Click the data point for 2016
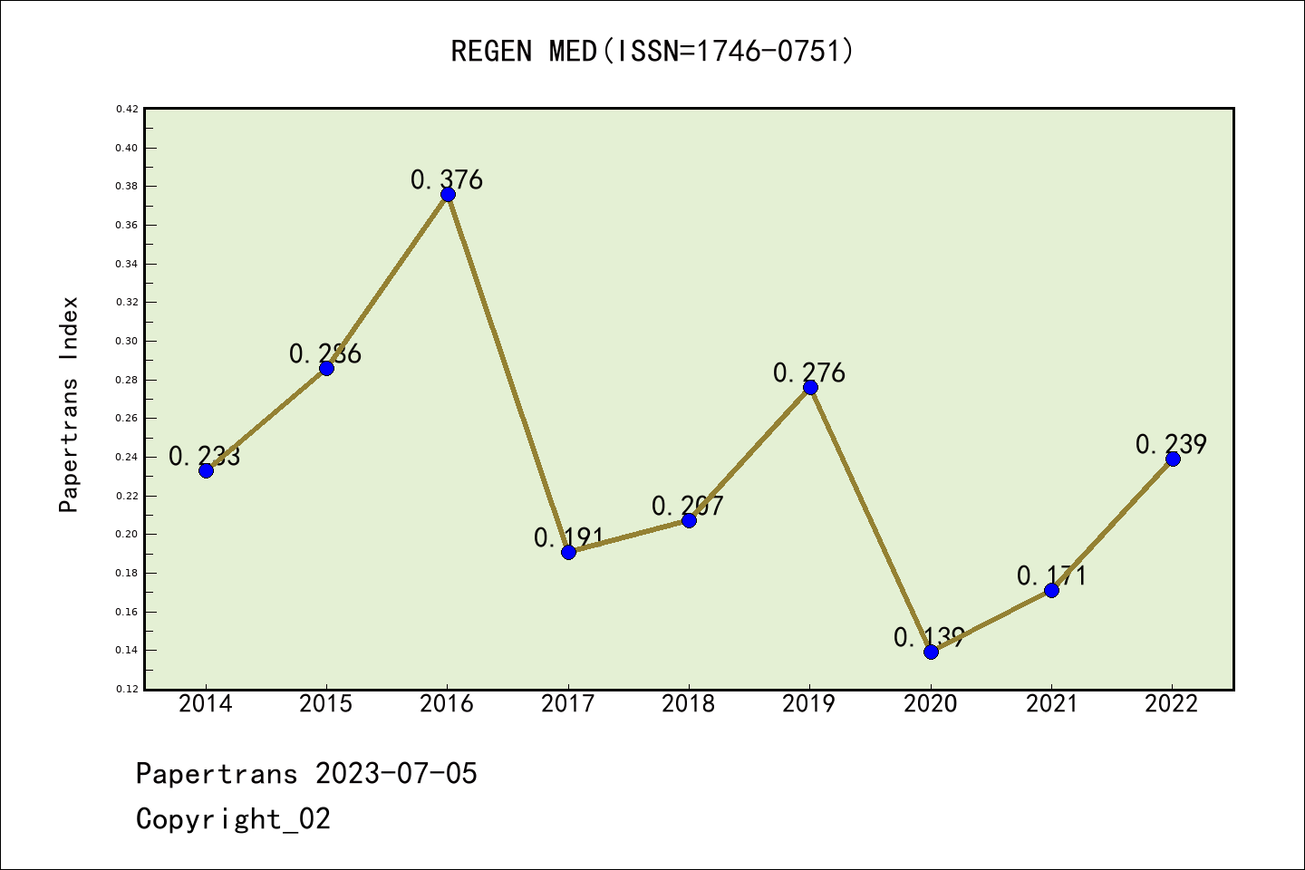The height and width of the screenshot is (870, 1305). (448, 194)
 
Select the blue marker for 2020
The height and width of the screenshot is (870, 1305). (931, 652)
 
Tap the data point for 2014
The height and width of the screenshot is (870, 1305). (206, 470)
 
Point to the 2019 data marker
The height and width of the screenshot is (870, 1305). (810, 387)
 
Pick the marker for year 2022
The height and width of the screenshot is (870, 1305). (1173, 459)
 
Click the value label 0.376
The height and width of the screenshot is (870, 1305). (447, 179)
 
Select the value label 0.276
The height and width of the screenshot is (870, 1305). (809, 372)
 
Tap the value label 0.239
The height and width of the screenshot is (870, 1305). (1171, 444)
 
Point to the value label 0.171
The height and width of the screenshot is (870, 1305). (1051, 575)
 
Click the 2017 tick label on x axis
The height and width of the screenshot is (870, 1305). (568, 703)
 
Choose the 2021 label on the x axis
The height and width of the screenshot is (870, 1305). (1051, 703)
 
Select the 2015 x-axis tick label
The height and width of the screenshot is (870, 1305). (326, 703)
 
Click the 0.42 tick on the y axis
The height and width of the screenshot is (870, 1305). (127, 109)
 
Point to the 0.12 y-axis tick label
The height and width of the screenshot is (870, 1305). (127, 689)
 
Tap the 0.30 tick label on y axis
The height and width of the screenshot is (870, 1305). (127, 341)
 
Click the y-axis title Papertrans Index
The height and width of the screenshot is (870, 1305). (70, 404)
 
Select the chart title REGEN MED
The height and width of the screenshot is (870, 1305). (652, 51)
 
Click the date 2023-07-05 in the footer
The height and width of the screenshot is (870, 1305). (396, 774)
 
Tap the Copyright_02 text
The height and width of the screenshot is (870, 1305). (233, 819)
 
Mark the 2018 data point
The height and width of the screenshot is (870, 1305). (689, 520)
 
